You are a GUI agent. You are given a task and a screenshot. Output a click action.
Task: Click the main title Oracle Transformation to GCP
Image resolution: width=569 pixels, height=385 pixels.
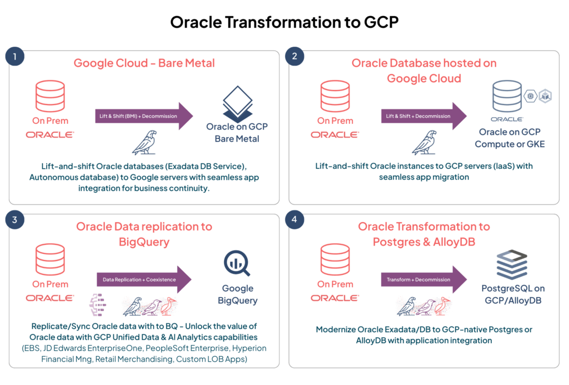284,22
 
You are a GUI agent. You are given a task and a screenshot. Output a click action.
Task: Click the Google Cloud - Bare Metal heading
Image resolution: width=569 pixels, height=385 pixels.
144,63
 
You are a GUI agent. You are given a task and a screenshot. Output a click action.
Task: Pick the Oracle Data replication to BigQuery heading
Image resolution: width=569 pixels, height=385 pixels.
144,234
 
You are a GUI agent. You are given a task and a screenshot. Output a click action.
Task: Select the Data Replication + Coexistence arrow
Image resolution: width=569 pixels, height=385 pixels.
144,279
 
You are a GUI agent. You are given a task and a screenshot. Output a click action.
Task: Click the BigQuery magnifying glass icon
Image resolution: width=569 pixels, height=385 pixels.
237,264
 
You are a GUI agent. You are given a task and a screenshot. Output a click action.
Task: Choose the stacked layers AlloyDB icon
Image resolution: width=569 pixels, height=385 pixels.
512,264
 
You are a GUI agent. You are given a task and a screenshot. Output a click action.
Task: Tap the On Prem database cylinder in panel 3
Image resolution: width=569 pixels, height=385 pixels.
50,259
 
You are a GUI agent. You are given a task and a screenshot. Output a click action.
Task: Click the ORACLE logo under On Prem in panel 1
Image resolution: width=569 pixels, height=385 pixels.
50,134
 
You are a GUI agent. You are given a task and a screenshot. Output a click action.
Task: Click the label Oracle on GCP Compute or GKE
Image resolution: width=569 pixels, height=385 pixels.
510,138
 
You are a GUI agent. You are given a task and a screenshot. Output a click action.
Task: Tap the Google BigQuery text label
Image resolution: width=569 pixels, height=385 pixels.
237,294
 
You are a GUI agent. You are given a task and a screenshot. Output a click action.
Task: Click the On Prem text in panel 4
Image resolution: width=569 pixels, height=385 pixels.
335,284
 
